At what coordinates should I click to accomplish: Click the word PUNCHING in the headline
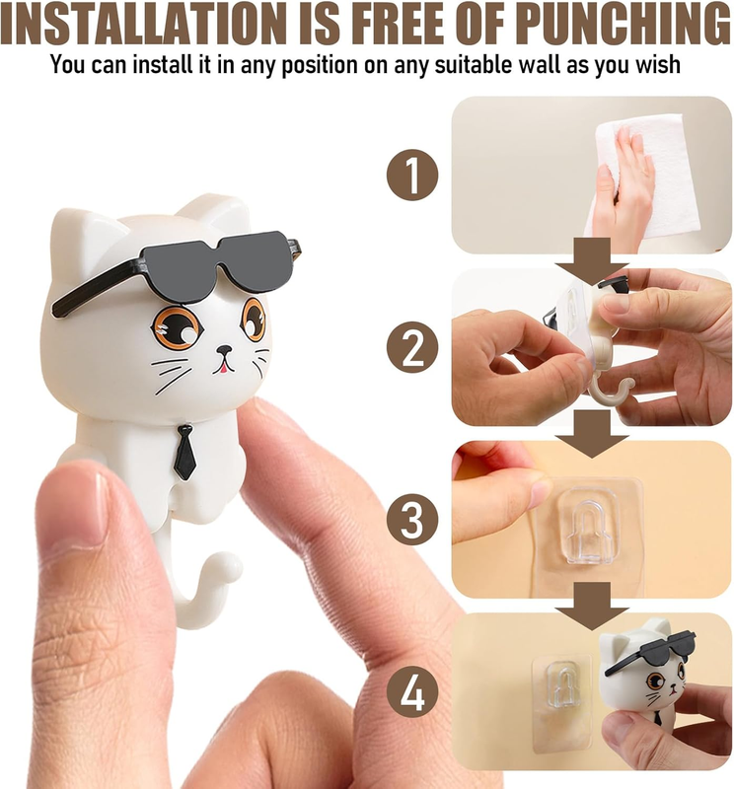point(624,24)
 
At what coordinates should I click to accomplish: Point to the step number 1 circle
point(412,175)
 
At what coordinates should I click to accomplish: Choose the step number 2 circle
point(412,347)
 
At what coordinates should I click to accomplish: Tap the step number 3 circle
point(412,520)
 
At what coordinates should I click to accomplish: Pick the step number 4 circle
point(412,692)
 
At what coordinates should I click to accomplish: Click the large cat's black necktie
point(184,451)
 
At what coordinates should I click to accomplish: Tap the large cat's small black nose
point(224,349)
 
